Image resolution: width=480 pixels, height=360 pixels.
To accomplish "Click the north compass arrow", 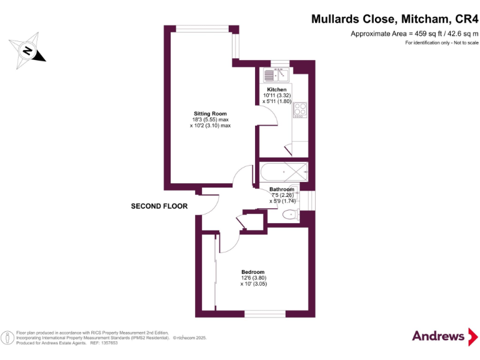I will coord(27,50).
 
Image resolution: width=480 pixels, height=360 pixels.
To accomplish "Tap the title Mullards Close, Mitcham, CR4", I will coord(394,19).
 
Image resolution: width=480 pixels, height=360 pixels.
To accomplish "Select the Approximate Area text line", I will coord(414,33).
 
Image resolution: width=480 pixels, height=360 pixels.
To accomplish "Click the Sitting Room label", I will coord(210,114).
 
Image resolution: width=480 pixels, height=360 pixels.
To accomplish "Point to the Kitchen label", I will coord(277,90).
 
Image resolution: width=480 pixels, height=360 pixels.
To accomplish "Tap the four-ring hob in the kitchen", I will coord(300,110).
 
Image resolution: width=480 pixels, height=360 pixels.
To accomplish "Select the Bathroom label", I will coord(281,189).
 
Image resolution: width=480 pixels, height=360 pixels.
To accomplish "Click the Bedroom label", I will coord(253,272).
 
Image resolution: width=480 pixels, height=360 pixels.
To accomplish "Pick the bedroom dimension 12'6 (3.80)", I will coord(253,278).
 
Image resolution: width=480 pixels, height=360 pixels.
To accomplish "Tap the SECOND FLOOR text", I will coord(159,206).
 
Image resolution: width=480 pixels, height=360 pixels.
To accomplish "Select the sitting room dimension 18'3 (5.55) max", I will coord(210,119).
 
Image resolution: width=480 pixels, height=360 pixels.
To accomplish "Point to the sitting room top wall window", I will coord(202,27).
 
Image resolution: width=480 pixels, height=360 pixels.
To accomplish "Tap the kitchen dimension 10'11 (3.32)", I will coord(277,96).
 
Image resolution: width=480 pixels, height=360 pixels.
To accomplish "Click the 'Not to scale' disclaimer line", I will coord(441,42).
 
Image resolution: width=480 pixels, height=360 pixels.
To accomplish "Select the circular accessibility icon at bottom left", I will coord(7,337).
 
